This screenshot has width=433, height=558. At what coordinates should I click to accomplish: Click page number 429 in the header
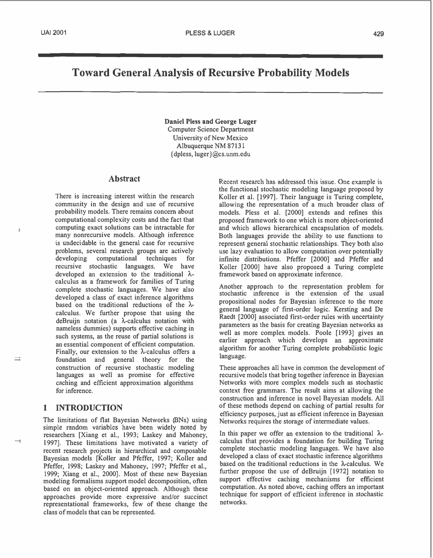(378, 34)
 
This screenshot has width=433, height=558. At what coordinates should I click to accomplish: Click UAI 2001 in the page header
(54, 33)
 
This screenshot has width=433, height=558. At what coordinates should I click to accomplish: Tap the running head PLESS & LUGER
(210, 33)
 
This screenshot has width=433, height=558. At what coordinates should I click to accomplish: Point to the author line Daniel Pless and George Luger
(210, 121)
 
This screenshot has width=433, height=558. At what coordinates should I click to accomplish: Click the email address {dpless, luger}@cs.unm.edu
(210, 154)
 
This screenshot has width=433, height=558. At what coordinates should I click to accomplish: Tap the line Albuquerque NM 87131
(210, 146)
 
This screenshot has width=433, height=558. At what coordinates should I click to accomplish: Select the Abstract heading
(124, 179)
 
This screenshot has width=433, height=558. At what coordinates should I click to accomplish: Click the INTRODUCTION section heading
(89, 408)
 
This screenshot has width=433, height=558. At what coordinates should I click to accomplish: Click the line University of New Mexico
(210, 138)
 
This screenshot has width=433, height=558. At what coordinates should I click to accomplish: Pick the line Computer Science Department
(210, 129)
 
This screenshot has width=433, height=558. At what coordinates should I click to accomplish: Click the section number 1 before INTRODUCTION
(45, 408)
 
